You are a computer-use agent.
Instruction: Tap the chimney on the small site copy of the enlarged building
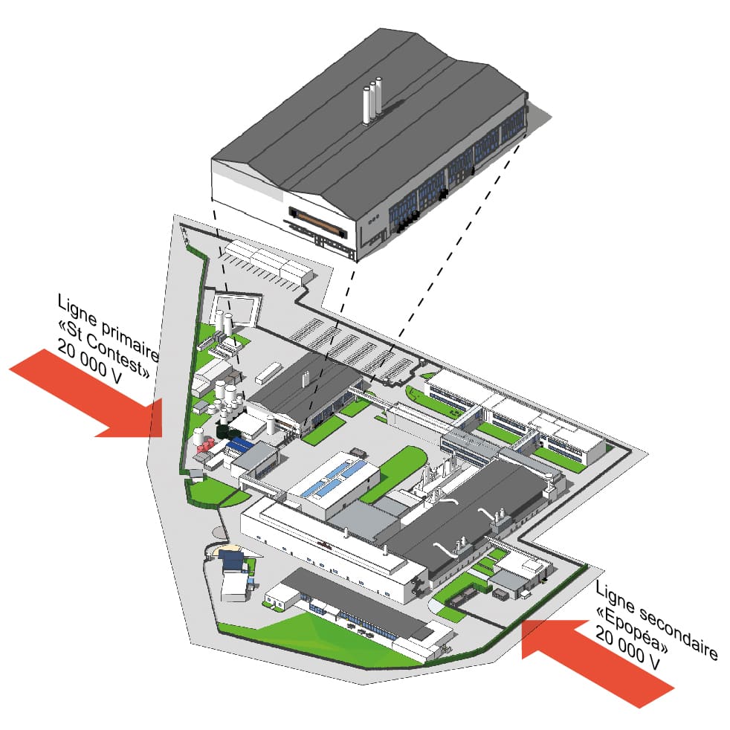tap(305, 379)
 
